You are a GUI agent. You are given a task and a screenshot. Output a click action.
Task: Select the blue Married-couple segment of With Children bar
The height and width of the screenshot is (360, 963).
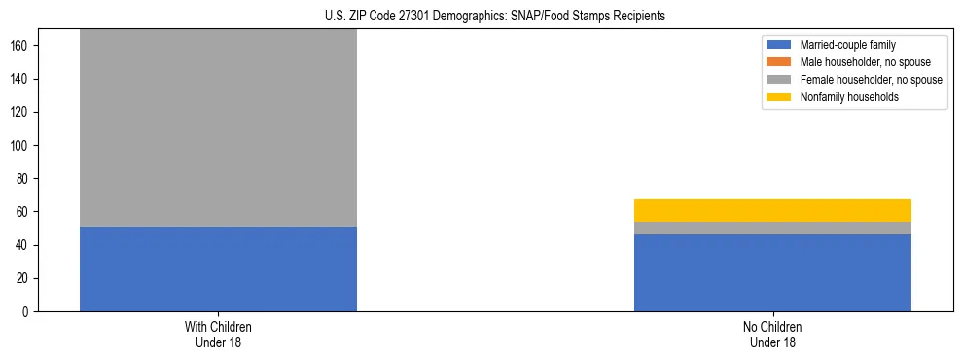point(218,269)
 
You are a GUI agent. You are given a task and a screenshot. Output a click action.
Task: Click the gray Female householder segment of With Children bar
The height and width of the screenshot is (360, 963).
point(218,127)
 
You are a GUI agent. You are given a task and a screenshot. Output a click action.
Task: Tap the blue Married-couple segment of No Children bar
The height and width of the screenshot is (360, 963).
point(772,272)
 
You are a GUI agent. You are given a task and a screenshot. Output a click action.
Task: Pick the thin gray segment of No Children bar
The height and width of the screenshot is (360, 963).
point(772,228)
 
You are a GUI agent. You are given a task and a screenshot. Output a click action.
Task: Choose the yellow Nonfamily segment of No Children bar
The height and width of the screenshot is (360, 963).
point(772,210)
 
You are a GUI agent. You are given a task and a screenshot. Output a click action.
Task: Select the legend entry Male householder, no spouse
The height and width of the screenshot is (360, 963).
point(865,62)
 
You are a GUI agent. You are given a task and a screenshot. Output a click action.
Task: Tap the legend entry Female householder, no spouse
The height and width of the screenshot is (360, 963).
point(871,80)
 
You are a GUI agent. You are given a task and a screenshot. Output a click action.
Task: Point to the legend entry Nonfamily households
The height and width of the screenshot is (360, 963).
point(849,97)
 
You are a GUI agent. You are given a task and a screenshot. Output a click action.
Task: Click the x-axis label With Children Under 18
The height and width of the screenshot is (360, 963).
point(218,334)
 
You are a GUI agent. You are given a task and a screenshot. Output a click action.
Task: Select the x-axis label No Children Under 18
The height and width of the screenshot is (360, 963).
point(772,334)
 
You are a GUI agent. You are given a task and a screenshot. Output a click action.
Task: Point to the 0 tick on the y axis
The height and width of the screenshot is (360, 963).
point(27,312)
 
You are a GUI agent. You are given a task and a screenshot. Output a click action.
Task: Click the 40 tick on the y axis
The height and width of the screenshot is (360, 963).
point(24,245)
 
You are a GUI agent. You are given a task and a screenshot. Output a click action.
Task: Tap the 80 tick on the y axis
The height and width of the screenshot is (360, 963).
point(24,179)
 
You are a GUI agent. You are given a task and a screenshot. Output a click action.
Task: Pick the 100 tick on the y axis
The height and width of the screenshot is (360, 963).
point(21,146)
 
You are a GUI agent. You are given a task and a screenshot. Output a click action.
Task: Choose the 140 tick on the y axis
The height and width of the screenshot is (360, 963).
point(21,79)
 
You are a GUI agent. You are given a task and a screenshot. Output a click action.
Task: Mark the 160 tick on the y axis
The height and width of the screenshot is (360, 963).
point(21,46)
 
